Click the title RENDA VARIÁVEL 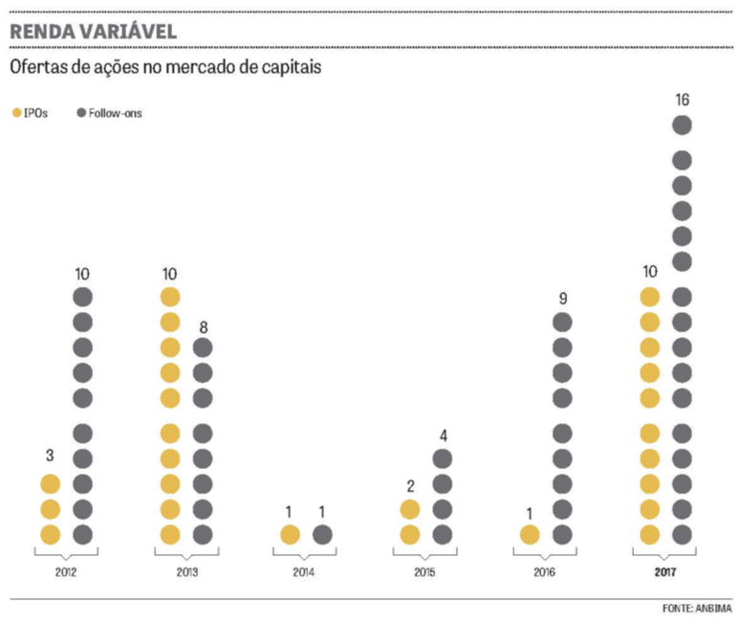tap(93, 31)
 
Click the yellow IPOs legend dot tap(15, 113)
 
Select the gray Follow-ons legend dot tap(81, 113)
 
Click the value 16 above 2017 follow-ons tap(682, 100)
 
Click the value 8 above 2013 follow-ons tap(203, 326)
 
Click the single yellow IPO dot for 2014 tap(290, 534)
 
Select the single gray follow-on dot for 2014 tap(322, 534)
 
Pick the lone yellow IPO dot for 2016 tap(529, 534)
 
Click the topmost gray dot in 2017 tap(682, 124)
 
